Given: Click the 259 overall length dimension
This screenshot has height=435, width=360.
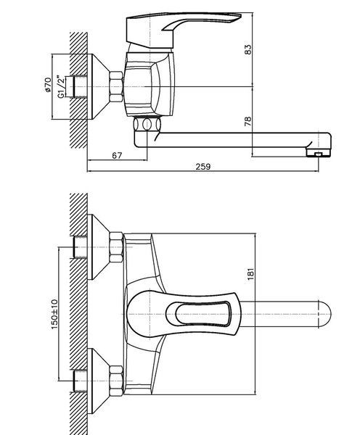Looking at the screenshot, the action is tap(203, 167).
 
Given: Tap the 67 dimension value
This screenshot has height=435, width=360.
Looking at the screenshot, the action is tap(117, 155).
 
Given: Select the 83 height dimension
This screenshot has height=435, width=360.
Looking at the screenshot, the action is tap(248, 49).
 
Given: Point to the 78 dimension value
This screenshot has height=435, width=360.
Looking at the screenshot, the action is tap(247, 121).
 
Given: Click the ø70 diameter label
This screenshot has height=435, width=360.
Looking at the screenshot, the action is tap(47, 85).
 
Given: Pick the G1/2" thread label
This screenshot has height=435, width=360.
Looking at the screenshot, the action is tap(60, 86).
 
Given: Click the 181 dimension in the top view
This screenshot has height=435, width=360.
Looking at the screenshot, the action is tap(250, 274).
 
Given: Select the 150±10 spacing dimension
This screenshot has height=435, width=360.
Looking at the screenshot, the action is tap(54, 314).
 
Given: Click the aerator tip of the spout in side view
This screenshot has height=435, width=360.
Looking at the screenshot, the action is tap(319, 153).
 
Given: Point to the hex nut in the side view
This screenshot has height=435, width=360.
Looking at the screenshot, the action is tap(116, 87).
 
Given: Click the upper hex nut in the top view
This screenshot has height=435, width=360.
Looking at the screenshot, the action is tap(116, 247).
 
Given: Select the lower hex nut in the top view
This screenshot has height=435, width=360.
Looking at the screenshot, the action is tap(116, 381).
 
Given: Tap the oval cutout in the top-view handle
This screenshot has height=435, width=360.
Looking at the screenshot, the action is tap(202, 313).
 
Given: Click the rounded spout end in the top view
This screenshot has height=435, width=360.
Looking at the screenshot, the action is tap(324, 315).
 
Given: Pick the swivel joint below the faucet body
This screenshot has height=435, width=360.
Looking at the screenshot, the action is tap(147, 124).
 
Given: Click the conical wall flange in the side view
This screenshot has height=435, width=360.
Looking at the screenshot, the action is tap(100, 86).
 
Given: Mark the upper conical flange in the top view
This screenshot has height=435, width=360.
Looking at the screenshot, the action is tap(100, 247).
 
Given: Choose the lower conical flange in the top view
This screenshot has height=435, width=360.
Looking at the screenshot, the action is tap(100, 381).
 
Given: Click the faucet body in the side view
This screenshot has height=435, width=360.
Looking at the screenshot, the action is tap(150, 84).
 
